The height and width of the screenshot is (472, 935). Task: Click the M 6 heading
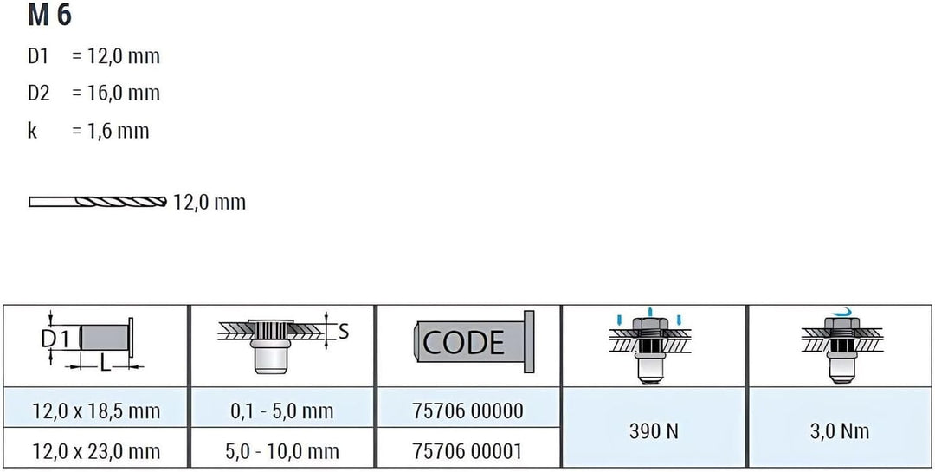pyautogui.click(x=49, y=16)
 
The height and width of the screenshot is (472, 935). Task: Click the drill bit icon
pyautogui.click(x=98, y=203)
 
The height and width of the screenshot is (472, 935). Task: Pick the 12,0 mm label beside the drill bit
pyautogui.click(x=210, y=203)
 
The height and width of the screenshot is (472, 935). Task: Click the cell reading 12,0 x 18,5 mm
pyautogui.click(x=96, y=411)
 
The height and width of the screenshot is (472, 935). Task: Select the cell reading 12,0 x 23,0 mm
pyautogui.click(x=96, y=450)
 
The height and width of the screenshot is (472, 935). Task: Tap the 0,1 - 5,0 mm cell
pyautogui.click(x=282, y=411)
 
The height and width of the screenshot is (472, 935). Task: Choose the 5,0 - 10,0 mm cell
pyautogui.click(x=282, y=450)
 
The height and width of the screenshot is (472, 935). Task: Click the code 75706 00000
pyautogui.click(x=468, y=411)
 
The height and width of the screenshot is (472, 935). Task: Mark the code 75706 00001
pyautogui.click(x=468, y=450)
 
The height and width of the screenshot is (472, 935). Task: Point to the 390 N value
pyautogui.click(x=654, y=430)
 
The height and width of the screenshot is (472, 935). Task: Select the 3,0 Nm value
pyautogui.click(x=840, y=430)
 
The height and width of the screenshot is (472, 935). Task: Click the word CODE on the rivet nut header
pyautogui.click(x=463, y=342)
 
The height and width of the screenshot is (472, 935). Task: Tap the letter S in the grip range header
pyautogui.click(x=343, y=332)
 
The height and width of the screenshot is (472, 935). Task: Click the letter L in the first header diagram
pyautogui.click(x=105, y=364)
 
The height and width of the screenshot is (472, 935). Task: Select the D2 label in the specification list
pyautogui.click(x=39, y=93)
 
